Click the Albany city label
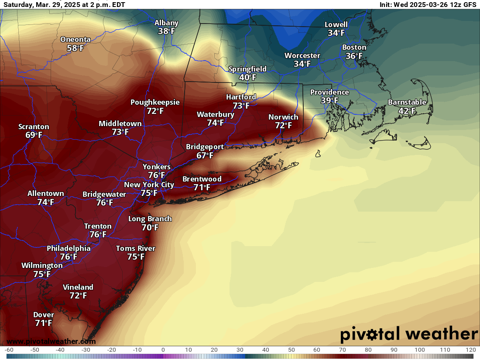click(x=166, y=23)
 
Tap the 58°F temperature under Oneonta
click(x=75, y=48)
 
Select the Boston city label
click(x=354, y=48)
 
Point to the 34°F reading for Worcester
click(x=302, y=64)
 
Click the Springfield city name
click(x=247, y=69)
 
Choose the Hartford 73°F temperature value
click(x=241, y=106)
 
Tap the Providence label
click(x=329, y=93)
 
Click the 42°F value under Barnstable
click(x=407, y=111)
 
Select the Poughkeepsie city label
click(x=155, y=103)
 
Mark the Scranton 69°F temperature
click(x=34, y=135)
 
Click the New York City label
click(x=149, y=185)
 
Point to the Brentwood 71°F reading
click(x=202, y=188)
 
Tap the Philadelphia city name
click(x=69, y=249)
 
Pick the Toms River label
click(x=135, y=249)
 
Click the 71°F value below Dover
click(x=43, y=323)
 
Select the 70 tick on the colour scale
click(x=343, y=350)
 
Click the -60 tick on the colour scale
click(x=9, y=350)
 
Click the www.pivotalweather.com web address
click(x=51, y=341)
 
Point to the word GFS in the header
click(x=469, y=5)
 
